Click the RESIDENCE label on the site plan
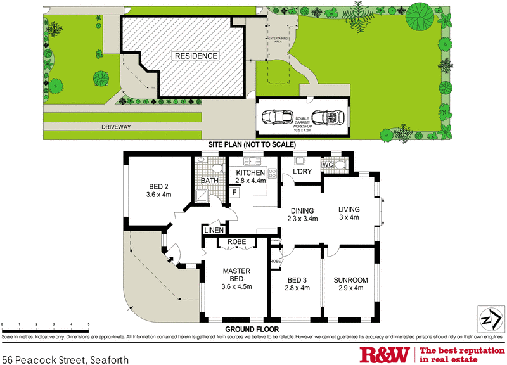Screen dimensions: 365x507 pyautogui.click(x=196, y=56)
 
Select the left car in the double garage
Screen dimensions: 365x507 pyautogui.click(x=278, y=117)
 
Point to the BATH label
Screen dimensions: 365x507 pyautogui.click(x=210, y=181)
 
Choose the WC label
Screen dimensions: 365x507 pyautogui.click(x=328, y=165)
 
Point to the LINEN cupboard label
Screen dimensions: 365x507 pyautogui.click(x=213, y=230)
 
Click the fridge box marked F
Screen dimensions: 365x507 pyautogui.click(x=234, y=191)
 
